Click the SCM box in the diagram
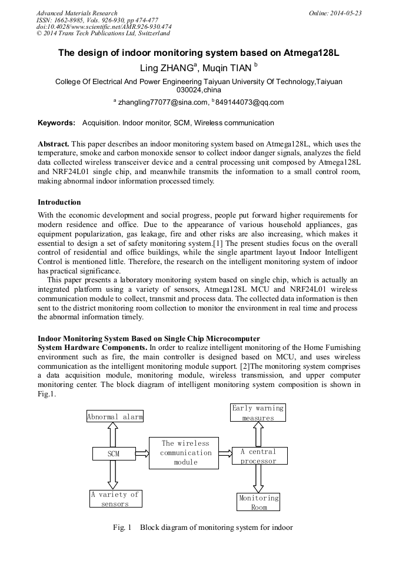(114, 454)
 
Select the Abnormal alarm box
(115, 417)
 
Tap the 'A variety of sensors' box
(115, 499)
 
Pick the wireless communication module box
(185, 453)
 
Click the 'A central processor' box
(258, 456)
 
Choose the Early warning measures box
(258, 412)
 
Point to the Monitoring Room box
(259, 502)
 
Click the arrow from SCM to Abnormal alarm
(114, 435)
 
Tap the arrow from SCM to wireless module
(141, 453)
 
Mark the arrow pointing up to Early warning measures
(258, 434)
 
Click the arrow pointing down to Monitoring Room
(258, 479)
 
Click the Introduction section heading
(59, 202)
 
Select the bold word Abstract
(54, 143)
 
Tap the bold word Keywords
(56, 123)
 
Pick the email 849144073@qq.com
(249, 102)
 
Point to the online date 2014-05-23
(344, 13)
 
